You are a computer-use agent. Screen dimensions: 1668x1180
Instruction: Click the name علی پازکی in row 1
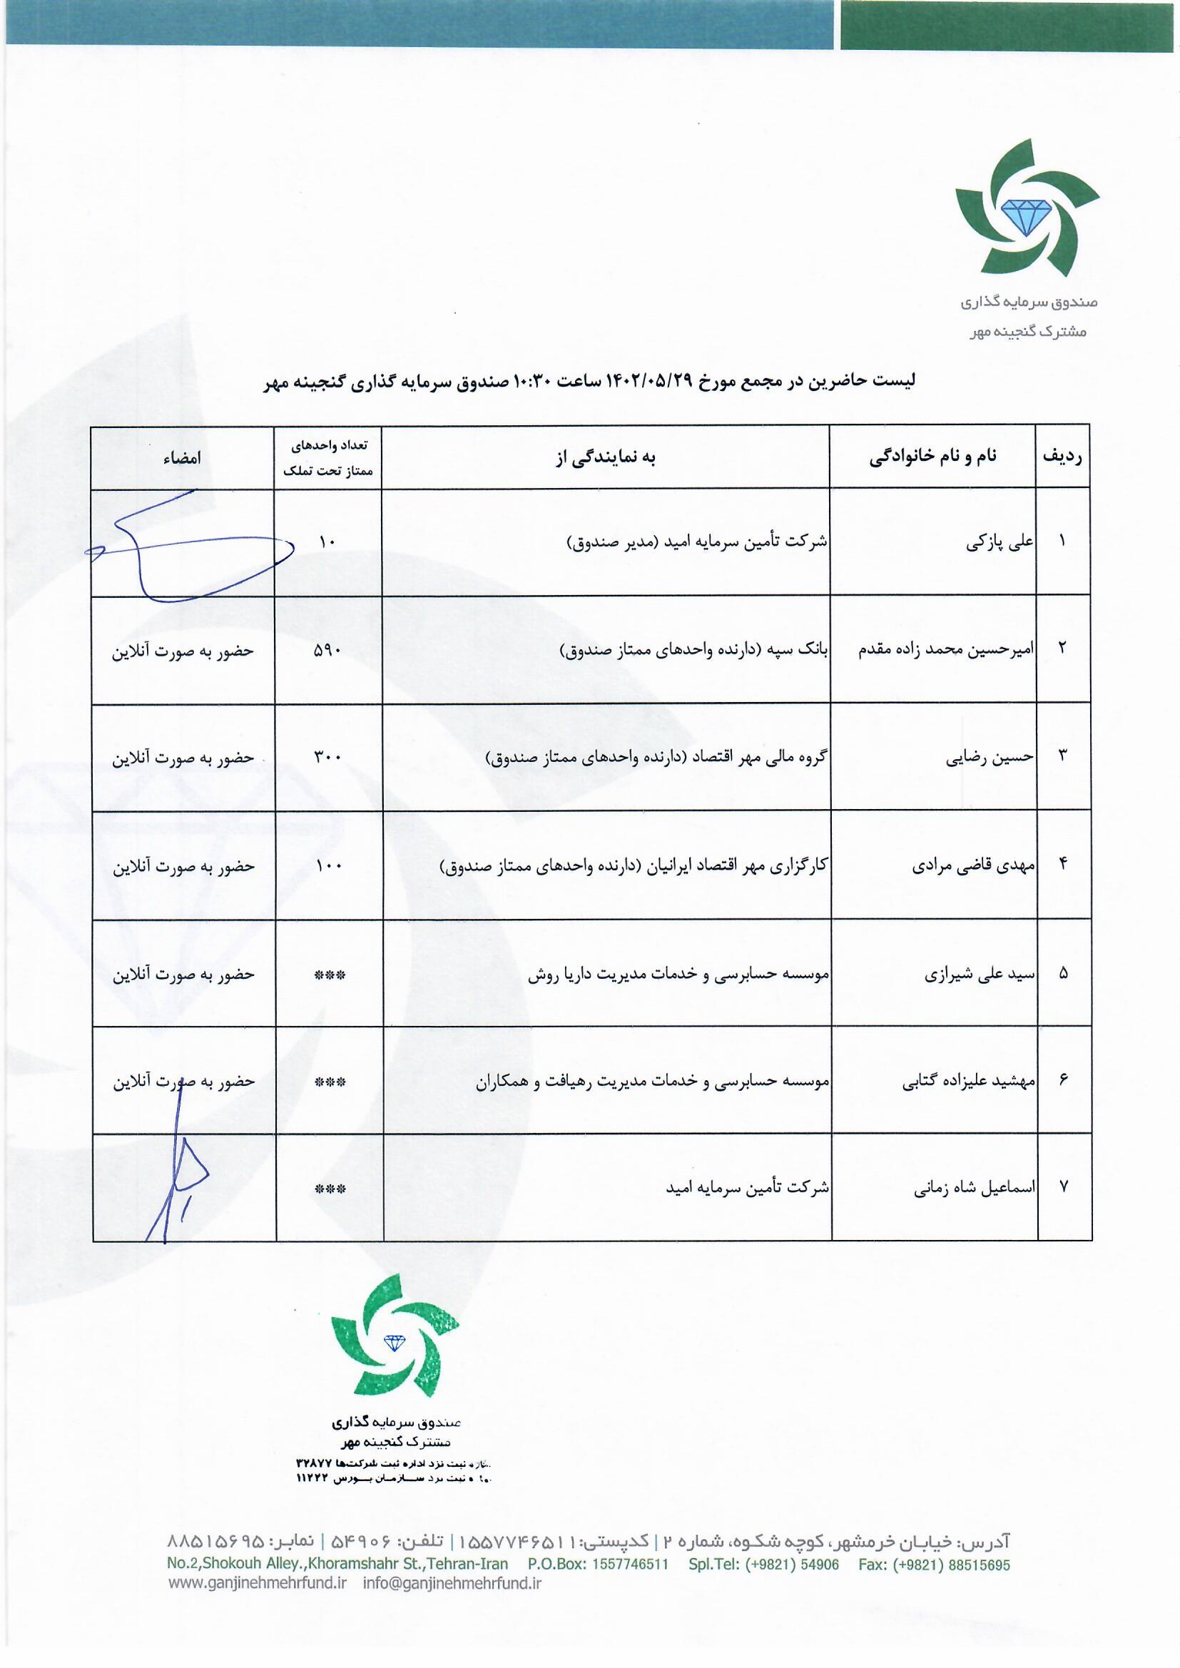[999, 541]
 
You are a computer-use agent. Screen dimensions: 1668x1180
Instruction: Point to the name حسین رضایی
[989, 757]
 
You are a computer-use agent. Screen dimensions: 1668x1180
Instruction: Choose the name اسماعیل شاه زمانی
[973, 1188]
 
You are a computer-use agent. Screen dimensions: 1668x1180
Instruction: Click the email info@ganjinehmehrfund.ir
[452, 1584]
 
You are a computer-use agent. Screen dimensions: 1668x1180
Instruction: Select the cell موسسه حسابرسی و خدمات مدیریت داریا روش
[678, 975]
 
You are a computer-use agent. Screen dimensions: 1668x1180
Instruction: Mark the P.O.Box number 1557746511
[630, 1564]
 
